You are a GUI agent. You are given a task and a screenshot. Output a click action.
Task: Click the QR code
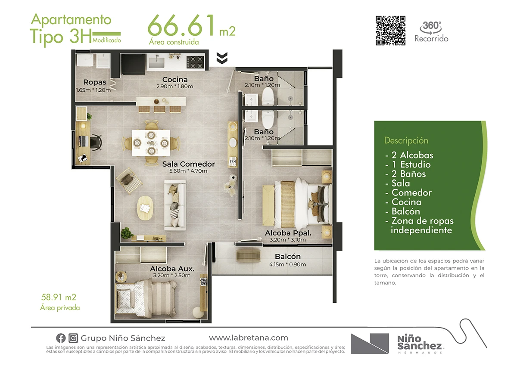[x=390, y=31]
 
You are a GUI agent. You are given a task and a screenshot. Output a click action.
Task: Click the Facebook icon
[x=61, y=338]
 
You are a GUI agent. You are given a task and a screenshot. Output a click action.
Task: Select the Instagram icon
[x=73, y=338]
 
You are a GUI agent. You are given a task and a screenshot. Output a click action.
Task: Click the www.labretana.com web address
[x=249, y=338]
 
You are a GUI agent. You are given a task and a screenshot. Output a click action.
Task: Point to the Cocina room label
[x=175, y=80]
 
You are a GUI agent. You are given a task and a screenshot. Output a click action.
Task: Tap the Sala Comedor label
[x=188, y=164]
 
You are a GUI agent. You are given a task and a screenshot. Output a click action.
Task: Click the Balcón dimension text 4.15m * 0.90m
[x=288, y=264]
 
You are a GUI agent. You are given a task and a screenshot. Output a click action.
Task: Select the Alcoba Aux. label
[x=172, y=269]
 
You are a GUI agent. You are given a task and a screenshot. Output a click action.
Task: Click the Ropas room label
[x=95, y=82]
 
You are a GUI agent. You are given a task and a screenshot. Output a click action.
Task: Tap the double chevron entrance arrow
[x=222, y=58]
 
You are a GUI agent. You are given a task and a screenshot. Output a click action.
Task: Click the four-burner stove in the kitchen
[x=196, y=62]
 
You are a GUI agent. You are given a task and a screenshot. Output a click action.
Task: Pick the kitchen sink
[x=156, y=62]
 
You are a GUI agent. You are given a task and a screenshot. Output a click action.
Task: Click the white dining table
[x=151, y=143]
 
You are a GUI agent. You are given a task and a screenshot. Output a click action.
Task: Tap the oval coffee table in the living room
[x=145, y=208]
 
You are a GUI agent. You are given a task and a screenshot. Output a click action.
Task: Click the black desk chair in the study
[x=96, y=142]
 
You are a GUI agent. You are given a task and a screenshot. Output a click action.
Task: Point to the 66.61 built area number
[x=181, y=25]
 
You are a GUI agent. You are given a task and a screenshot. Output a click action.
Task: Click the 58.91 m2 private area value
[x=59, y=297]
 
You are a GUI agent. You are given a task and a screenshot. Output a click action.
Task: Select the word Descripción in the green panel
[x=406, y=140]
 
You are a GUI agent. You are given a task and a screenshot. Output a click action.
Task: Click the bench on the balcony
[x=248, y=255]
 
